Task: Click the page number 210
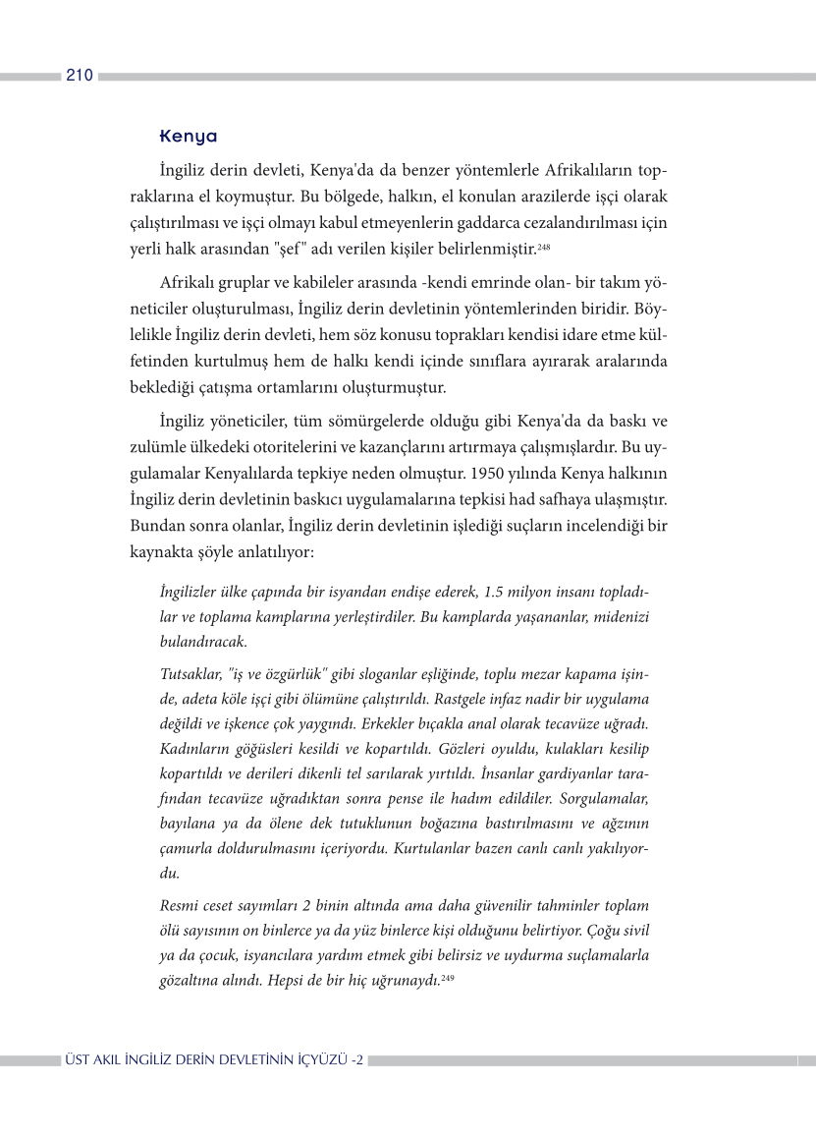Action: click(x=80, y=76)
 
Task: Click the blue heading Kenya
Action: click(x=188, y=136)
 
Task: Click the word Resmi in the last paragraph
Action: click(x=178, y=904)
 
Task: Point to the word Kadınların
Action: click(x=193, y=751)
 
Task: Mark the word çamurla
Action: click(x=187, y=847)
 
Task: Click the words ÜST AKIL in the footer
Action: click(x=93, y=1060)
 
